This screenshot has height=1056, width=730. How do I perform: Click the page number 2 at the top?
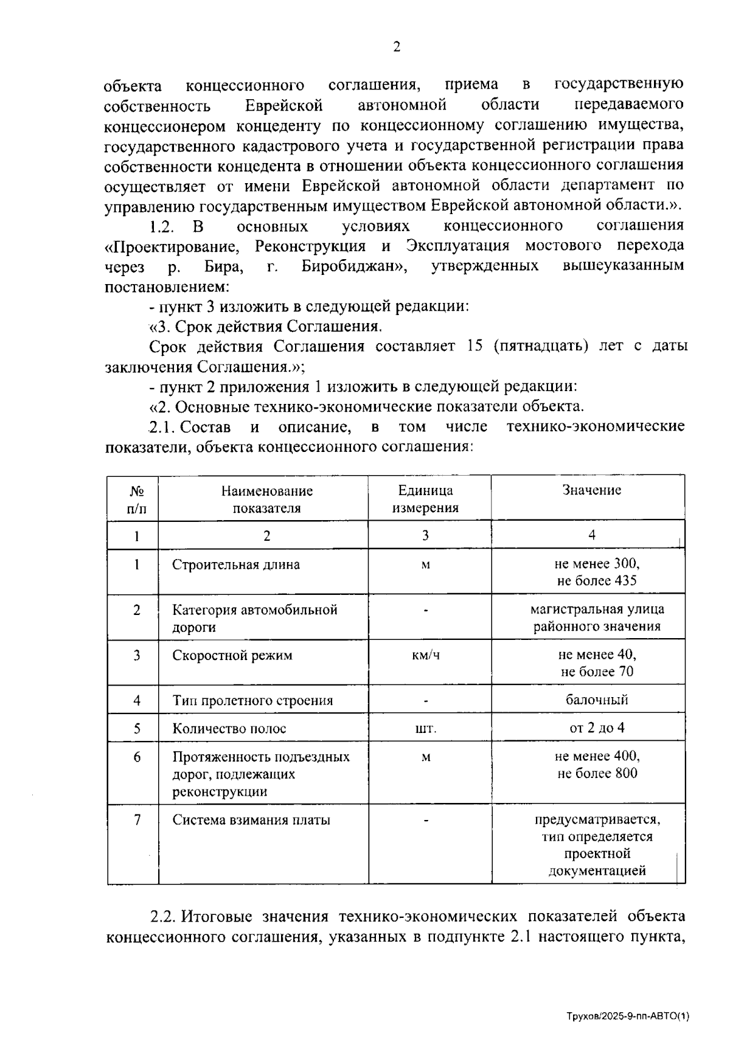(396, 47)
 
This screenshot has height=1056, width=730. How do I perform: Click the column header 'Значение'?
(591, 490)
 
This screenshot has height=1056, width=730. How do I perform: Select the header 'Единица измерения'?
(425, 499)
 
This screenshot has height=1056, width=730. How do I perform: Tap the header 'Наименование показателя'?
(266, 499)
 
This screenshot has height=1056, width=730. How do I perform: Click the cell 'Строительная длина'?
(235, 564)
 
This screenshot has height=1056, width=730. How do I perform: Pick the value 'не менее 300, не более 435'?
(596, 572)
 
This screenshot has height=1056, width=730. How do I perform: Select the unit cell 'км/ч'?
(425, 656)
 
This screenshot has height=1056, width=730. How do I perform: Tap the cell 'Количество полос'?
(229, 728)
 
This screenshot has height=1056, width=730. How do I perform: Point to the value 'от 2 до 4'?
(596, 728)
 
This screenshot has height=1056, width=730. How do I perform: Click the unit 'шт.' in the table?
(425, 729)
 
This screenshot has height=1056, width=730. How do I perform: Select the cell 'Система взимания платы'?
(251, 820)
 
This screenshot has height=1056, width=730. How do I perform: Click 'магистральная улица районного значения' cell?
(596, 617)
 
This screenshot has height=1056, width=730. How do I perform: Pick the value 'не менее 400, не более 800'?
(596, 765)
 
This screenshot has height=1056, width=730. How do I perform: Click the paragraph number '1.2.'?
(162, 226)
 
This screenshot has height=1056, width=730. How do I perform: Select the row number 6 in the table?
(137, 757)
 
